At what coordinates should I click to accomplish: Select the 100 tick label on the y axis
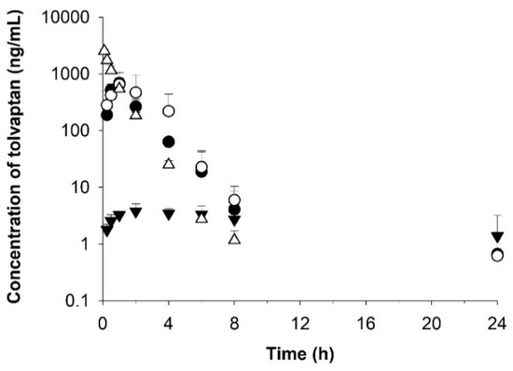point(77,131)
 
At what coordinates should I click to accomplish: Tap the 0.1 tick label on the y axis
point(78,301)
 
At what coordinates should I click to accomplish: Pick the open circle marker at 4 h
point(169,111)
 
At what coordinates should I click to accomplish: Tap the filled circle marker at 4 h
point(169,142)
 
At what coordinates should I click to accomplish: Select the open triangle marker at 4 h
point(169,163)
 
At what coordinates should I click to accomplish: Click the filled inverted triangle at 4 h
point(169,214)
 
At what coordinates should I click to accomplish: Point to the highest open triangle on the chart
point(104,49)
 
